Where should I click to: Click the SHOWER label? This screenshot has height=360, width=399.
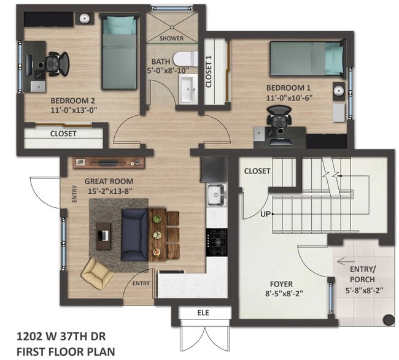tap(171, 38)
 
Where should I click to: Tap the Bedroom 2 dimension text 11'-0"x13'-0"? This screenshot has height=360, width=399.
tap(74, 110)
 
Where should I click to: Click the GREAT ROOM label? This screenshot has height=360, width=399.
tap(109, 182)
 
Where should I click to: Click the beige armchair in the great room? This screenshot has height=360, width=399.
tap(98, 272)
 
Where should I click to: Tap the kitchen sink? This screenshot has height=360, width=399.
tap(215, 194)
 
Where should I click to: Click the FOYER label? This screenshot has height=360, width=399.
tap(281, 284)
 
